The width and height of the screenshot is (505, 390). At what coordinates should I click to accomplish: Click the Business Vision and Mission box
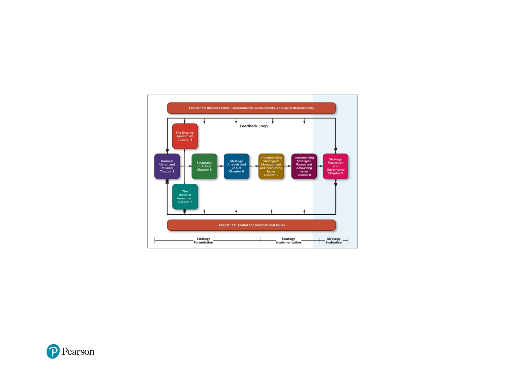coord(167,166)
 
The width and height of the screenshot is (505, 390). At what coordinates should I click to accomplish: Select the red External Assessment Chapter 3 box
coord(185,136)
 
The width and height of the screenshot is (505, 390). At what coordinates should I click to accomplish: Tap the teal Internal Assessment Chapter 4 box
coord(185,197)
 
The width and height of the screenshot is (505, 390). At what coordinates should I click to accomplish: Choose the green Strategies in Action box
coord(204,166)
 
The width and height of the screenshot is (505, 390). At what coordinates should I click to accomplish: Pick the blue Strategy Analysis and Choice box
coord(236,166)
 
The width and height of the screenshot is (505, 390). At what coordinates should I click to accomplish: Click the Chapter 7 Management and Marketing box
coord(271,166)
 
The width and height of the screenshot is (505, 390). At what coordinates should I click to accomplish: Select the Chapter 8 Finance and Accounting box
coord(304,166)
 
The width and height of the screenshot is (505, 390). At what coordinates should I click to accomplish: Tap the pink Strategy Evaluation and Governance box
coord(335,166)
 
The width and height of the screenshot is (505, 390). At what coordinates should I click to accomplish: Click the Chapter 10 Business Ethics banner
coord(251,108)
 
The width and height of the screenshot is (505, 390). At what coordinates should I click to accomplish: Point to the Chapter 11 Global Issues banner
coord(251,225)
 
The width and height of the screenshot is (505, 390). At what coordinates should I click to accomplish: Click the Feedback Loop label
coord(254,126)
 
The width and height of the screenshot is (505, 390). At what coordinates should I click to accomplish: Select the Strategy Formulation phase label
coord(203,240)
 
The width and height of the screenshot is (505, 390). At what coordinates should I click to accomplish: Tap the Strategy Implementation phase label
coord(288,240)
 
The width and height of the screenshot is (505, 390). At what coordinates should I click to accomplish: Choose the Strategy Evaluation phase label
coord(334,240)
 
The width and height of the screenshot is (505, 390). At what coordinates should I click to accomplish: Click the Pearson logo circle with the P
coord(53,351)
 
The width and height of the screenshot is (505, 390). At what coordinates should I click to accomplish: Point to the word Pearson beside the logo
coord(78,351)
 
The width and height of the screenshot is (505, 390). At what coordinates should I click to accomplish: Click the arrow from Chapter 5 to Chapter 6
coord(220,166)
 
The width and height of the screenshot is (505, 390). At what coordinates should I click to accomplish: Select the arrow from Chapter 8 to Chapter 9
coord(320,166)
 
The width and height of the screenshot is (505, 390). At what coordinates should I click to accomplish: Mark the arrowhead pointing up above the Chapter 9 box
coord(335,149)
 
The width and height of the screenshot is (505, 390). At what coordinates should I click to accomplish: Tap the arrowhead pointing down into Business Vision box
coord(167,151)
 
